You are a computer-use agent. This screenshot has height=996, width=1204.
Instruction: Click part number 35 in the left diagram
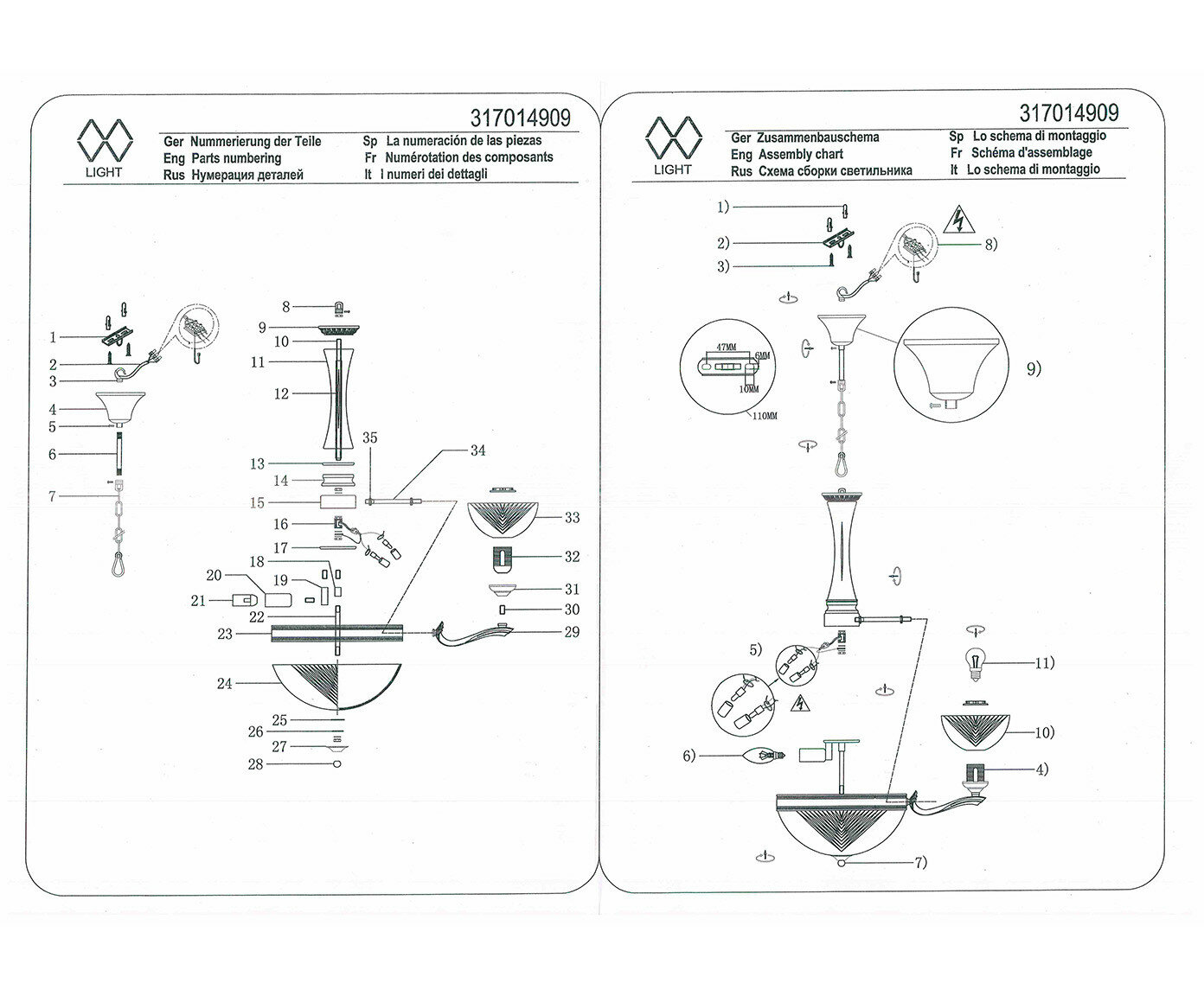click(x=370, y=437)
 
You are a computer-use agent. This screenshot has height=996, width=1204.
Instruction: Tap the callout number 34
click(x=477, y=450)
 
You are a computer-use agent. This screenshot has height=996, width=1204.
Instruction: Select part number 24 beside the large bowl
click(x=225, y=684)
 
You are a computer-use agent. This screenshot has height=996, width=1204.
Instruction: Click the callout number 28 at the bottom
click(x=255, y=764)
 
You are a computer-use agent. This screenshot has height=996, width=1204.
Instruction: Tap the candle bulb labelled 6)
click(x=765, y=756)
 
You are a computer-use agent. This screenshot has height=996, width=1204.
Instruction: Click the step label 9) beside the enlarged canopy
click(x=1034, y=368)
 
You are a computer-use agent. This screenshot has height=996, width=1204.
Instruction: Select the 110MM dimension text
click(x=765, y=416)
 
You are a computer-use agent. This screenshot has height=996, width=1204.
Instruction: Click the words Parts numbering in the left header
click(x=234, y=158)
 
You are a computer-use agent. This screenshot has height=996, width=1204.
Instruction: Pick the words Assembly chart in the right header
click(x=800, y=154)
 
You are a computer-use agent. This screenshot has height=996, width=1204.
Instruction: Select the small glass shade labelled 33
click(x=503, y=515)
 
